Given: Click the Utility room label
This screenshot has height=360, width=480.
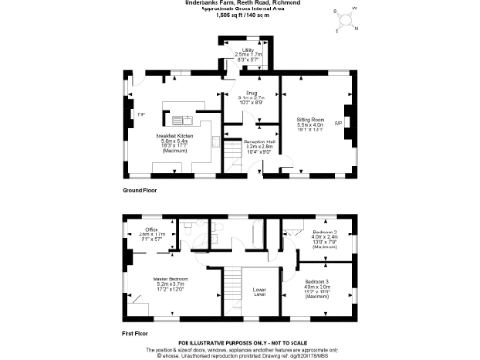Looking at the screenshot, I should tap(250, 55).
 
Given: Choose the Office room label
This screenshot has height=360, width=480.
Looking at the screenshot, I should tap(150, 233).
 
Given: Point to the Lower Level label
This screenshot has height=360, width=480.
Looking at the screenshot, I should tap(259, 292).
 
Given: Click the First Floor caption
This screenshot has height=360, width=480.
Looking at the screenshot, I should tap(138, 332).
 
